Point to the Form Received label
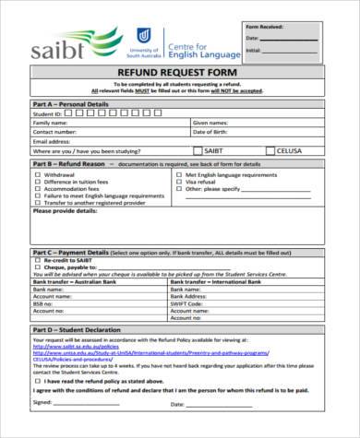(x=264, y=28)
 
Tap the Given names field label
(x=210, y=122)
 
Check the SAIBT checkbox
(x=198, y=149)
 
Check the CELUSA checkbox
(x=270, y=149)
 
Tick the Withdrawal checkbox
(x=38, y=174)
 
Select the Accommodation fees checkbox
(x=38, y=189)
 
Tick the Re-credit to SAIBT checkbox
(x=38, y=260)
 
